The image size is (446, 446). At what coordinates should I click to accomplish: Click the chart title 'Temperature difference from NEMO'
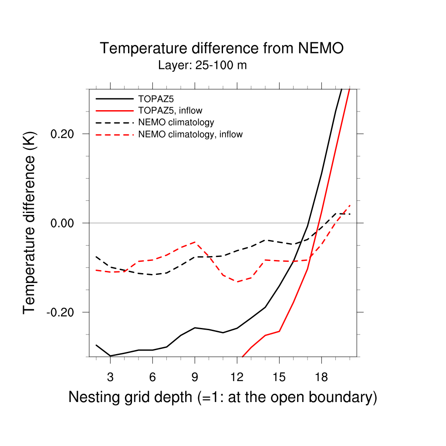pyautogui.click(x=222, y=48)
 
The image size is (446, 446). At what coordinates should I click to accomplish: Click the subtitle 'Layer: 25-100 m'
pyautogui.click(x=203, y=66)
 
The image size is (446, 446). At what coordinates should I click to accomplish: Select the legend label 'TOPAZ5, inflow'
pyautogui.click(x=170, y=110)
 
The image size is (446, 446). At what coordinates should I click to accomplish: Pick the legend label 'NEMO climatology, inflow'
pyautogui.click(x=190, y=134)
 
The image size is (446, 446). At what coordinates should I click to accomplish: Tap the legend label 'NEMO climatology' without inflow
pyautogui.click(x=176, y=122)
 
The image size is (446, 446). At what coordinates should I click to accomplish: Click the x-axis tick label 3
pyautogui.click(x=110, y=377)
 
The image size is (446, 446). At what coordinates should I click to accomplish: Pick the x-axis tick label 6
pyautogui.click(x=152, y=377)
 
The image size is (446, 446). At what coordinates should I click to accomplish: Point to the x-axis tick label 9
pyautogui.click(x=195, y=377)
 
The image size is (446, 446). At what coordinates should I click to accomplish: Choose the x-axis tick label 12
pyautogui.click(x=237, y=377)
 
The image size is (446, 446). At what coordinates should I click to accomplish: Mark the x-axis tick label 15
pyautogui.click(x=279, y=377)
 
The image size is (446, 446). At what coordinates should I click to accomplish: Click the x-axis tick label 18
pyautogui.click(x=321, y=377)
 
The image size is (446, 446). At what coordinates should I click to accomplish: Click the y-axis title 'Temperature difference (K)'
pyautogui.click(x=29, y=223)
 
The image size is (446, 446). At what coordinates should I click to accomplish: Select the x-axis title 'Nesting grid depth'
pyautogui.click(x=222, y=397)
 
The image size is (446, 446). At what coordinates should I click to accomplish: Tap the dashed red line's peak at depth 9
pyautogui.click(x=195, y=242)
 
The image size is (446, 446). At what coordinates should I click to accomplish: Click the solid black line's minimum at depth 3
pyautogui.click(x=110, y=356)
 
